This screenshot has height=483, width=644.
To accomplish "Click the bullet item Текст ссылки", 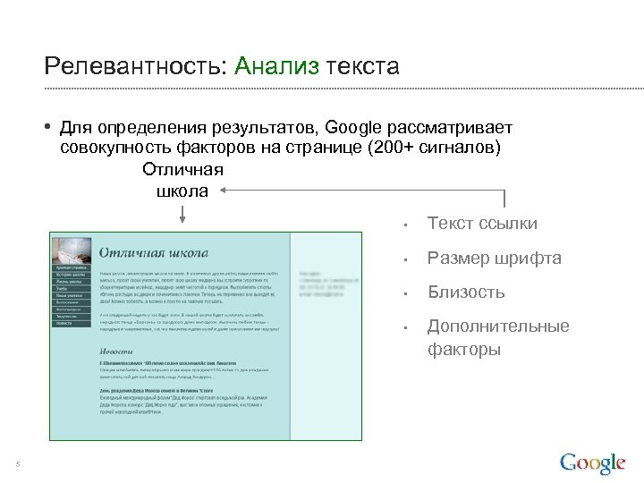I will (x=482, y=224).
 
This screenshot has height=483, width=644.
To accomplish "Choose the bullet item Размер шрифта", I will (x=494, y=258).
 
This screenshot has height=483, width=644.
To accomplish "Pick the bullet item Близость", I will (x=466, y=292).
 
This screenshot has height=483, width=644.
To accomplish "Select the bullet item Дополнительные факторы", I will (x=497, y=337).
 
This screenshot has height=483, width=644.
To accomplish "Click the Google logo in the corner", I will (x=592, y=462).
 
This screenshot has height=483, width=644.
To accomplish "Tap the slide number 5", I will (x=18, y=463).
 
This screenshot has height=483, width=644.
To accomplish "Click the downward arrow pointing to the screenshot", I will (x=182, y=215).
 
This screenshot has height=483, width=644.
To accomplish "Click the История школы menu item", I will (x=70, y=275).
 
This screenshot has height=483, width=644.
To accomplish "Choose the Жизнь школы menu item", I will (x=70, y=282).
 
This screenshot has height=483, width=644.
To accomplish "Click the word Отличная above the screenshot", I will (x=182, y=169).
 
